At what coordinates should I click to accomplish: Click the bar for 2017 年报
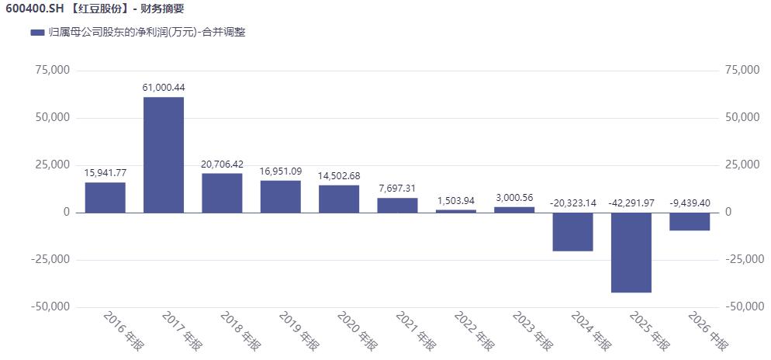click(x=164, y=155)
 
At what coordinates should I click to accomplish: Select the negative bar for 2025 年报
click(x=631, y=253)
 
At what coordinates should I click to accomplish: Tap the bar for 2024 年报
click(x=573, y=232)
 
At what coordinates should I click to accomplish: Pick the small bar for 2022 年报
click(x=456, y=212)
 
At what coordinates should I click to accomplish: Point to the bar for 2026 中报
click(x=690, y=222)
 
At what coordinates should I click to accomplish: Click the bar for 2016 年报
click(x=105, y=198)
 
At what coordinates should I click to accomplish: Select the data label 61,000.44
click(x=164, y=88)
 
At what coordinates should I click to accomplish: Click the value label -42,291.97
click(x=631, y=203)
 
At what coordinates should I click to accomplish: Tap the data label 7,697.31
click(x=397, y=189)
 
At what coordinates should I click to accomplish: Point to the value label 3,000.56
click(x=514, y=198)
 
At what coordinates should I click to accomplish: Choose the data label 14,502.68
click(x=339, y=175)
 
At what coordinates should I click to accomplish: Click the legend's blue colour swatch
click(x=37, y=33)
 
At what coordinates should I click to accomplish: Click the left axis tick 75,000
click(x=53, y=71)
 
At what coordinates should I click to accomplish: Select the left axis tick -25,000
click(x=50, y=260)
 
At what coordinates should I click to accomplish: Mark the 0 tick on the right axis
click(x=728, y=213)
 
